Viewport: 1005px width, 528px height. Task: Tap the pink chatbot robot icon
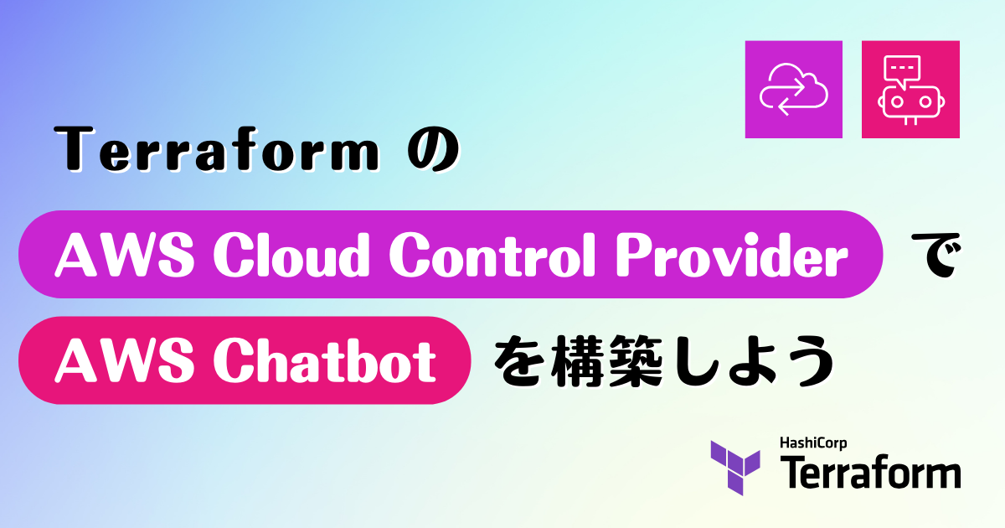click(x=910, y=89)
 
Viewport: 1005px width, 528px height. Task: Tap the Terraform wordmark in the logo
click(x=870, y=473)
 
